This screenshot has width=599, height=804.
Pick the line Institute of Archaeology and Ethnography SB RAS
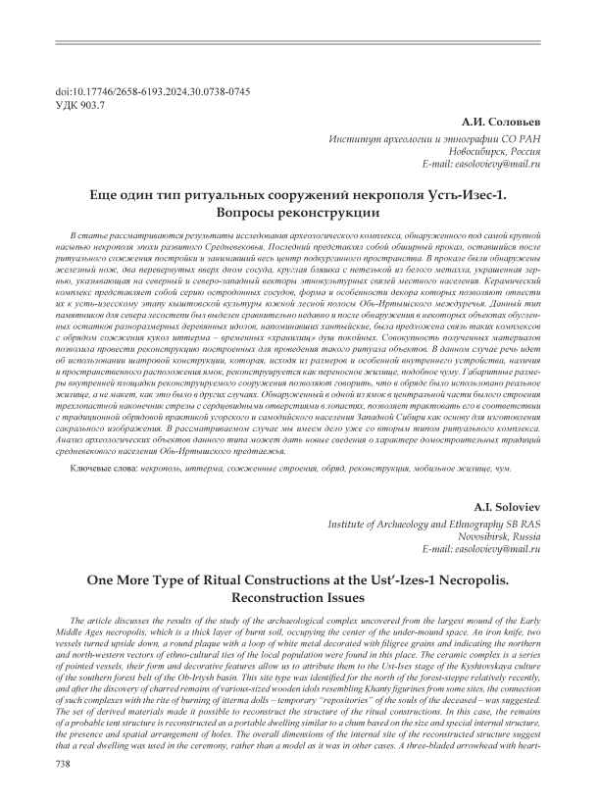(435, 525)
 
